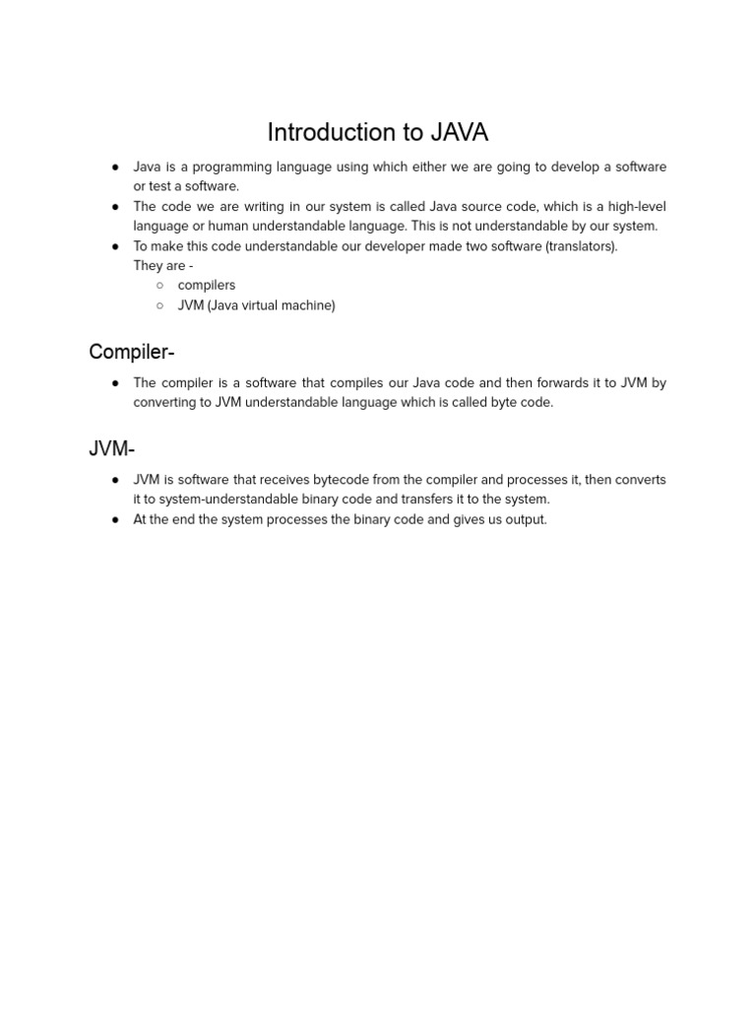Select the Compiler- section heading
132,352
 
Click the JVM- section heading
111,449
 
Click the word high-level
637,207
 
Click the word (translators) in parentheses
582,246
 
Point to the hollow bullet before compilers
159,286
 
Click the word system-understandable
211,500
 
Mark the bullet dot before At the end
115,519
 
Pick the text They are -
163,266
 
